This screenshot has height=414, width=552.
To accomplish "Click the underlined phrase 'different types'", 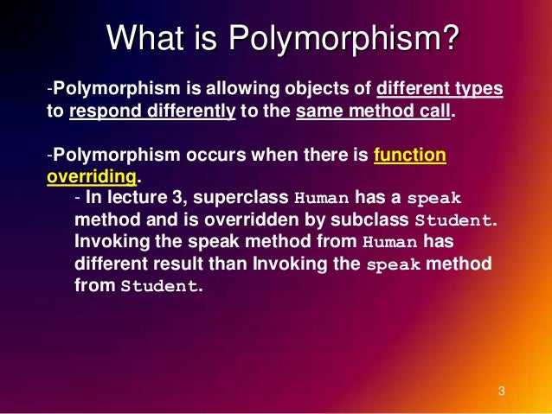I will (441, 90).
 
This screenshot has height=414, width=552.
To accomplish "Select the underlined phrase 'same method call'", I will (374, 112).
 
